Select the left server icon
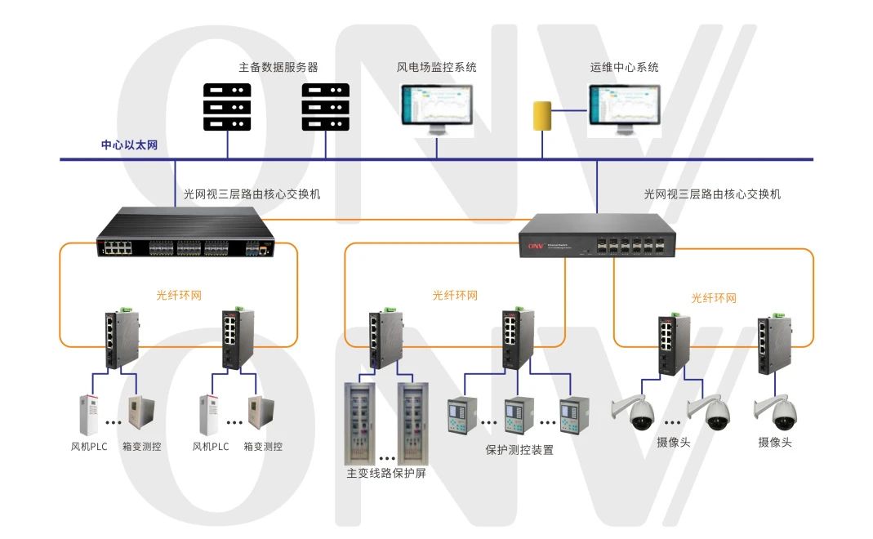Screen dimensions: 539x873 click(227, 105)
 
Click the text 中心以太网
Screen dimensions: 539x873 click(129, 145)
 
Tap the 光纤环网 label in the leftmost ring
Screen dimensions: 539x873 click(179, 295)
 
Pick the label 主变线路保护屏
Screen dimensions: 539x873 click(386, 473)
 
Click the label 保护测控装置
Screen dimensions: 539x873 click(519, 449)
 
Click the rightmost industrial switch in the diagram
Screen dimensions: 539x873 click(770, 342)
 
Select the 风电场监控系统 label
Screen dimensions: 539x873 click(436, 67)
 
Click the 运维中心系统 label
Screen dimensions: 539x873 click(624, 67)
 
